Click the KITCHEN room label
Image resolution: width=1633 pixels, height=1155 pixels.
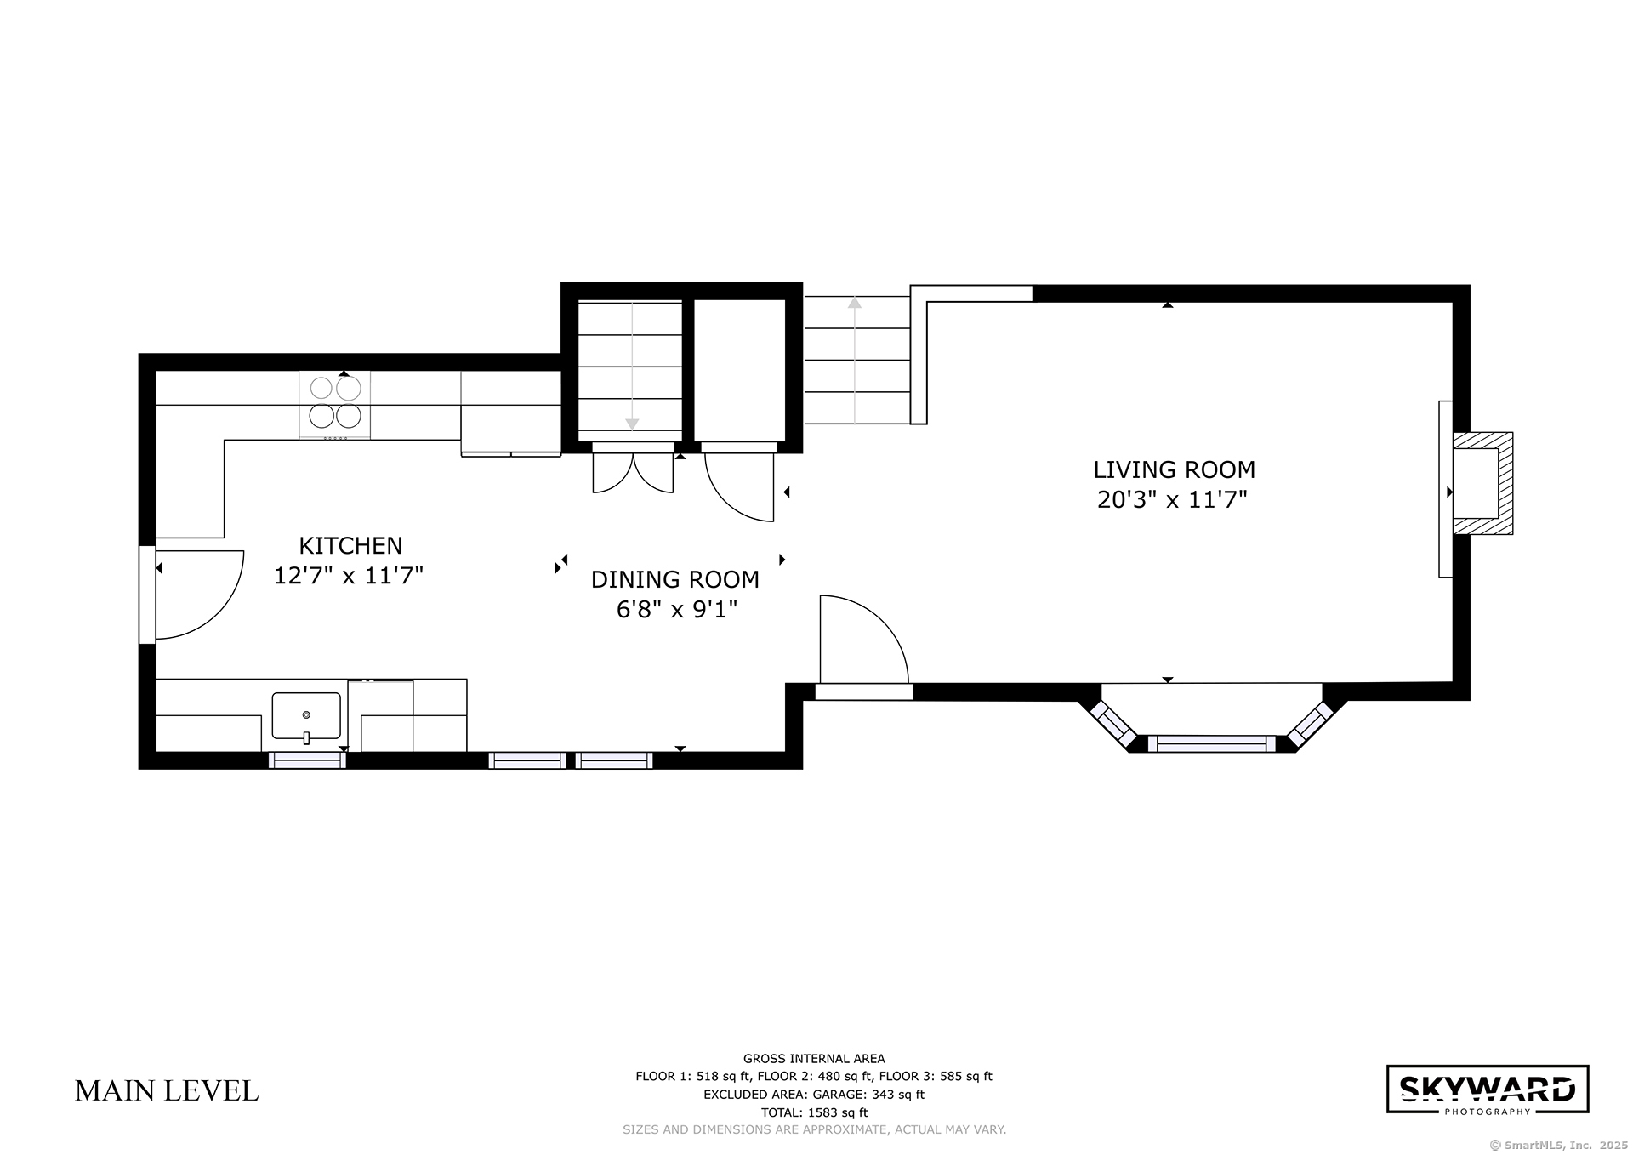coord(350,545)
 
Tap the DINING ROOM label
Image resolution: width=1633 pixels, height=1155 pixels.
coord(675,579)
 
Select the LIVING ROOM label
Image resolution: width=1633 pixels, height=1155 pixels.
coord(1174,469)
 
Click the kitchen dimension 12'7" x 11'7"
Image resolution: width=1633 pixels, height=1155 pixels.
coord(349,576)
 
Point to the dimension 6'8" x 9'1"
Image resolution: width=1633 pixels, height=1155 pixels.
coord(677,609)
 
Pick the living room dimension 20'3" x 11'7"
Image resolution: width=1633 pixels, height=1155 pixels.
coord(1172,499)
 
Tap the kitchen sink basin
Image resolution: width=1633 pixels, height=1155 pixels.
coord(306,715)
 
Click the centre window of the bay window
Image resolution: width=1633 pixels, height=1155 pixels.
coord(1211,743)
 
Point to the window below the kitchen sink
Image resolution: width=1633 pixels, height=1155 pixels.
coord(307,760)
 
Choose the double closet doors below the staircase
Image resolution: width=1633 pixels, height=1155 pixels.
coord(633,473)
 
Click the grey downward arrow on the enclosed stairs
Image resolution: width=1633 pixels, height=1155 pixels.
coord(632,366)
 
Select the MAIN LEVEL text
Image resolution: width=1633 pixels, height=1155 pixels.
coord(167,1091)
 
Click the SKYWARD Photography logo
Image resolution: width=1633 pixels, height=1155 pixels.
coord(1488,1090)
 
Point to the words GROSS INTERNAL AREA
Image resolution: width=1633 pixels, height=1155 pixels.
coord(814,1059)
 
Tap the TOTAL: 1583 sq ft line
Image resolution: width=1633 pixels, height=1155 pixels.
coord(814,1112)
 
